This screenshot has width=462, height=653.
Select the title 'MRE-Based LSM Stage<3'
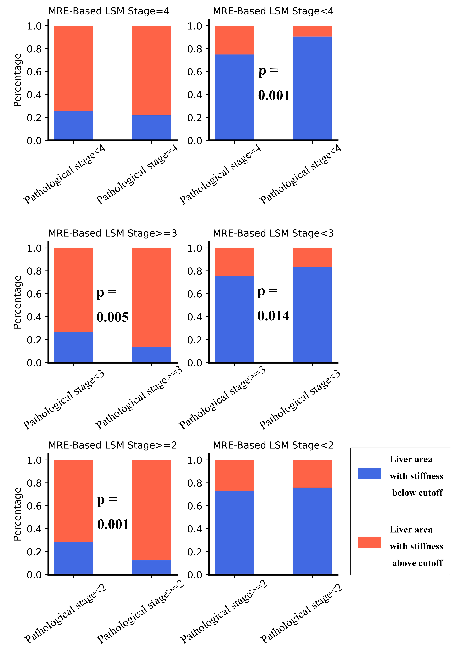pyautogui.click(x=273, y=233)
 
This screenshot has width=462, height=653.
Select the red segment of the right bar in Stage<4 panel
pyautogui.click(x=312, y=31)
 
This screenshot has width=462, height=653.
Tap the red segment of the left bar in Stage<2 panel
pyautogui.click(x=234, y=475)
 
